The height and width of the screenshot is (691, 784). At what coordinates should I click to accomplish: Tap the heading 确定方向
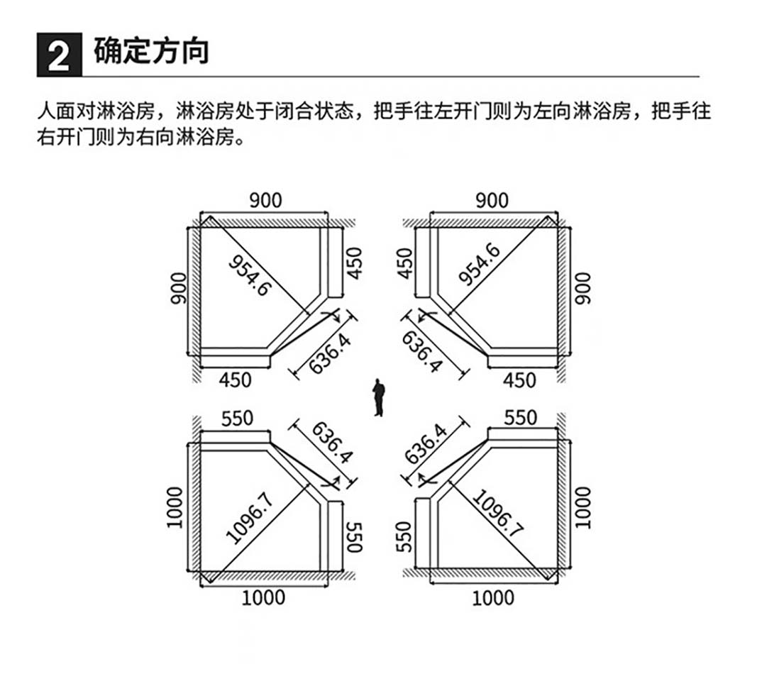(x=151, y=51)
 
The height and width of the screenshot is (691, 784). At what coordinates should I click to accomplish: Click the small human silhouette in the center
(x=379, y=397)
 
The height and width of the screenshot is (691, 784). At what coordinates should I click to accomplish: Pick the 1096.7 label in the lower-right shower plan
(x=497, y=512)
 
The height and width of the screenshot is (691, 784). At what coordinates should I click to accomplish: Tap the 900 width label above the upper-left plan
(x=265, y=201)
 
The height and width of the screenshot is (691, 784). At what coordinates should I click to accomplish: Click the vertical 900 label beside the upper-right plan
(x=583, y=288)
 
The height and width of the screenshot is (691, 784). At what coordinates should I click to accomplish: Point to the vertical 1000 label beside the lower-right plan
(x=583, y=507)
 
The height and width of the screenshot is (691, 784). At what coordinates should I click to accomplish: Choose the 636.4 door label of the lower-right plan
(x=426, y=445)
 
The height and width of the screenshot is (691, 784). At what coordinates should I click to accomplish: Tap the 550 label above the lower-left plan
(x=237, y=419)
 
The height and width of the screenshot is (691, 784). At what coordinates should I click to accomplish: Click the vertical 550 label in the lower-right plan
(x=404, y=537)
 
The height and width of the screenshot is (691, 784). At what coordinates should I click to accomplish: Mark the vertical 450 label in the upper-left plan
(x=354, y=263)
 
